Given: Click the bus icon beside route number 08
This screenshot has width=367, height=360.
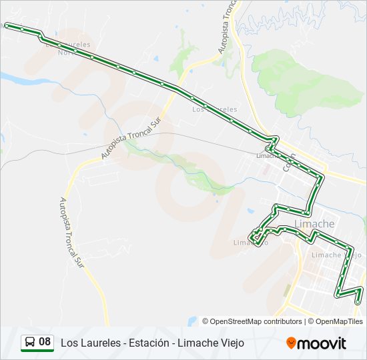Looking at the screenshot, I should click(x=30, y=343).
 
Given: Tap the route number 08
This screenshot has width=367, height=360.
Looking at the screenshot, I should click(x=45, y=343).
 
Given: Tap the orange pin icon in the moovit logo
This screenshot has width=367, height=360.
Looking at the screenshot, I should click(x=291, y=343).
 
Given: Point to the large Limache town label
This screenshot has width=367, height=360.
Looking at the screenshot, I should click(x=314, y=224).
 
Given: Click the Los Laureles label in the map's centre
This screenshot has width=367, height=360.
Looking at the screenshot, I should click(x=214, y=109).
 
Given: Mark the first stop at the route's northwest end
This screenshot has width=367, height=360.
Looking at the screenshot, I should click(x=7, y=25).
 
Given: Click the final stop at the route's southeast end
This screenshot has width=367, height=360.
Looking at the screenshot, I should click(x=358, y=302).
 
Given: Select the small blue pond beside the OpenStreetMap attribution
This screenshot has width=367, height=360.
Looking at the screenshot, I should click(x=193, y=321).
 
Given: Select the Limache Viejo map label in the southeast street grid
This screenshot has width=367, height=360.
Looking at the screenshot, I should click(x=336, y=255).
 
